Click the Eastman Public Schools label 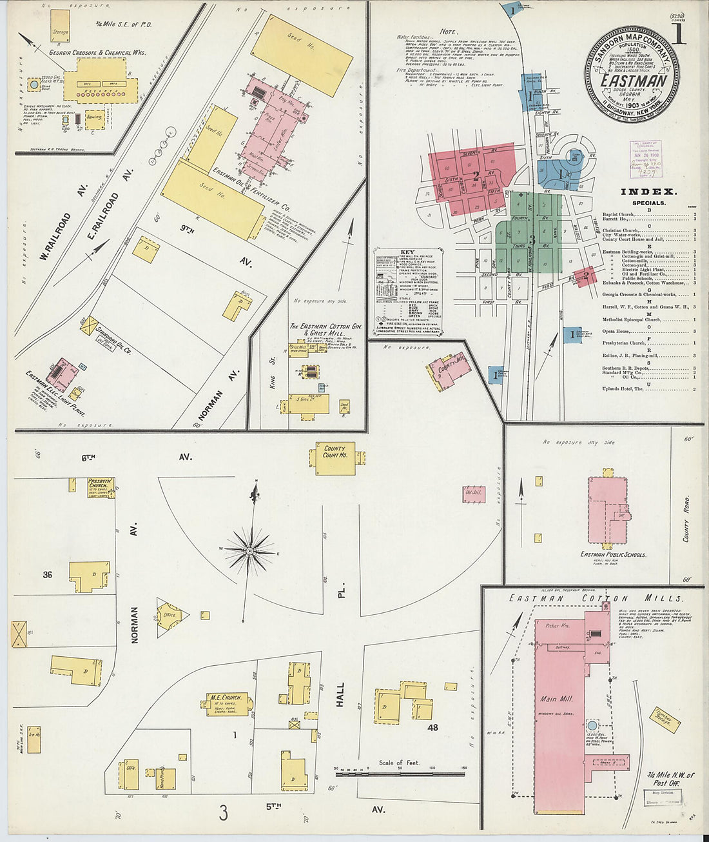click(612, 554)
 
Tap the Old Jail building click(474, 493)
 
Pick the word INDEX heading click(648, 192)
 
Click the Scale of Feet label click(399, 763)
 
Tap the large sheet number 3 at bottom click(223, 813)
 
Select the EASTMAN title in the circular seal click(633, 81)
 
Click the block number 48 click(432, 727)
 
